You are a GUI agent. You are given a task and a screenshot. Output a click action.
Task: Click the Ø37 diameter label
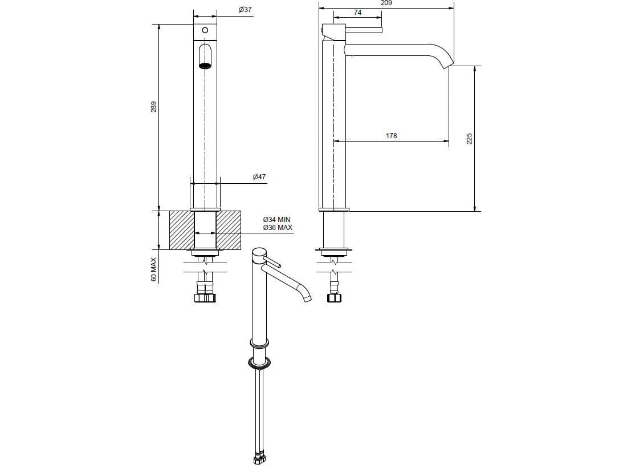245,10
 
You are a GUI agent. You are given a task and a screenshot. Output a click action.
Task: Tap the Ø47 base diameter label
259,177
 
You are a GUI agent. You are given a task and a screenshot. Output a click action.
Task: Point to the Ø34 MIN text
277,220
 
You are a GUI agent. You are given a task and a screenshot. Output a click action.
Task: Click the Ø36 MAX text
278,228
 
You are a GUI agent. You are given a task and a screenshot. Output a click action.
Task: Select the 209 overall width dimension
386,3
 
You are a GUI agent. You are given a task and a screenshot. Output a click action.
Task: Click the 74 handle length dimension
357,12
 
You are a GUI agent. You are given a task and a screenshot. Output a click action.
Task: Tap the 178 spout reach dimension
391,136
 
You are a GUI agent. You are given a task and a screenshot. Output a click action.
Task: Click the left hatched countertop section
182,230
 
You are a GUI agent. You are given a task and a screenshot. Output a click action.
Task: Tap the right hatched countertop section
228,230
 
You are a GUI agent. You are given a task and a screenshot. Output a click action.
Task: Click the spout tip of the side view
448,64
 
